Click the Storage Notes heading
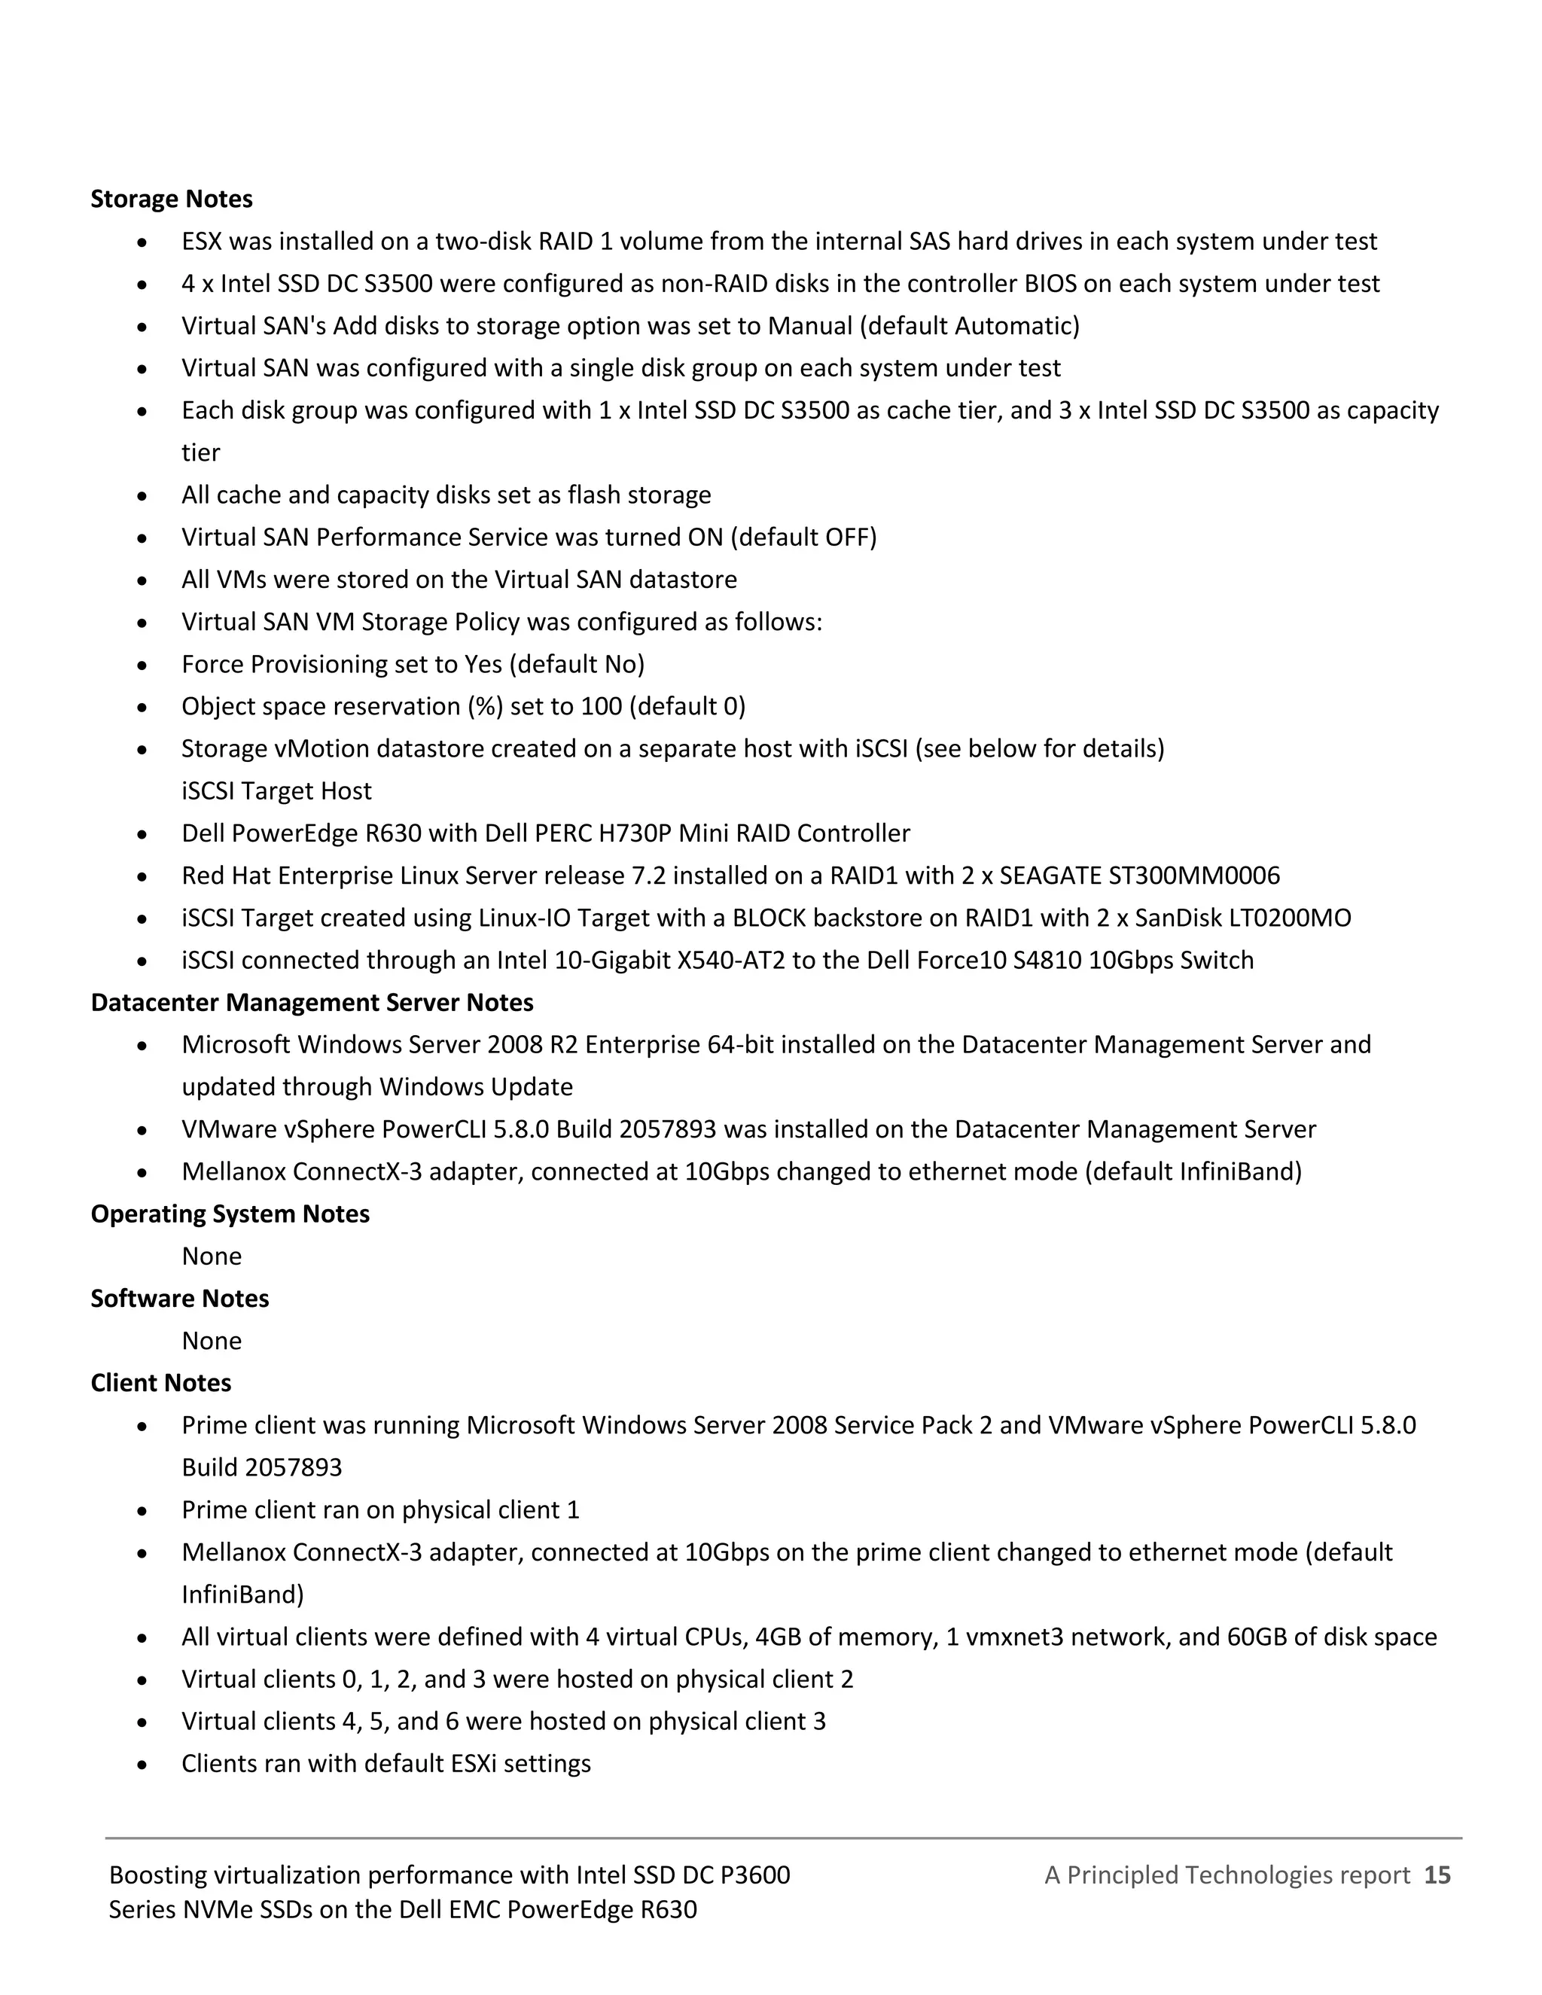tap(171, 200)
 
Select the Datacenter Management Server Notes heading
tap(312, 1002)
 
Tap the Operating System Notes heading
tap(230, 1214)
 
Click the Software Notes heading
tap(179, 1298)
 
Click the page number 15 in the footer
tap(1437, 1875)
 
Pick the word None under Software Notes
tap(211, 1341)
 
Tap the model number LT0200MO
tap(1289, 918)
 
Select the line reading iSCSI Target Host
tap(276, 791)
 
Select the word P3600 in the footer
tap(754, 1875)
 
